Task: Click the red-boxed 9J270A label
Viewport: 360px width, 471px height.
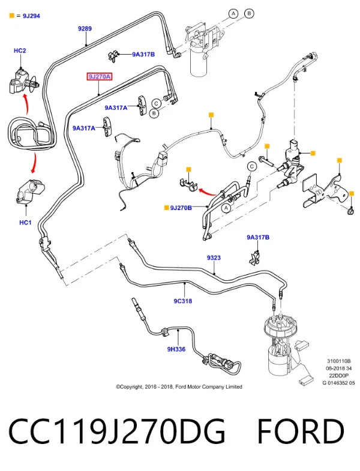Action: (100, 77)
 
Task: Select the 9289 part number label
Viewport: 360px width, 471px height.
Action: (85, 29)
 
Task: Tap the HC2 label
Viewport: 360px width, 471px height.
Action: (20, 50)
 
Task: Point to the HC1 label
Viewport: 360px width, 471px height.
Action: (25, 223)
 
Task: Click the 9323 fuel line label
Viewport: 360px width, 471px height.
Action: (214, 258)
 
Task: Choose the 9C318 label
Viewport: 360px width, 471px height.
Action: (183, 301)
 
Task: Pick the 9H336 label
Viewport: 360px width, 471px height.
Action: (176, 349)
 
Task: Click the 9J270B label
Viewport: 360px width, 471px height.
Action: (181, 208)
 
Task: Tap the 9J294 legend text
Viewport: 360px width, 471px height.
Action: (31, 16)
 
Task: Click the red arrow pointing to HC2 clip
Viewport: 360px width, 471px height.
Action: (26, 104)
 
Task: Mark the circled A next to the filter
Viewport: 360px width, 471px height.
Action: (233, 14)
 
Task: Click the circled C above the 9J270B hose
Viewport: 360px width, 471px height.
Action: (252, 166)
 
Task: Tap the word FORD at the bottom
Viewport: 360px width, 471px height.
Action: (301, 431)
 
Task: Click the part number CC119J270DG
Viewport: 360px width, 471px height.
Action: (116, 431)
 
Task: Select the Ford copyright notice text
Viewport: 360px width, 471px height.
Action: (179, 387)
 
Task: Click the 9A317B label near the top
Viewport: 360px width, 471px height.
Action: (143, 55)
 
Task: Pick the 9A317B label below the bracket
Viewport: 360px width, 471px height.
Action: (258, 238)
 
